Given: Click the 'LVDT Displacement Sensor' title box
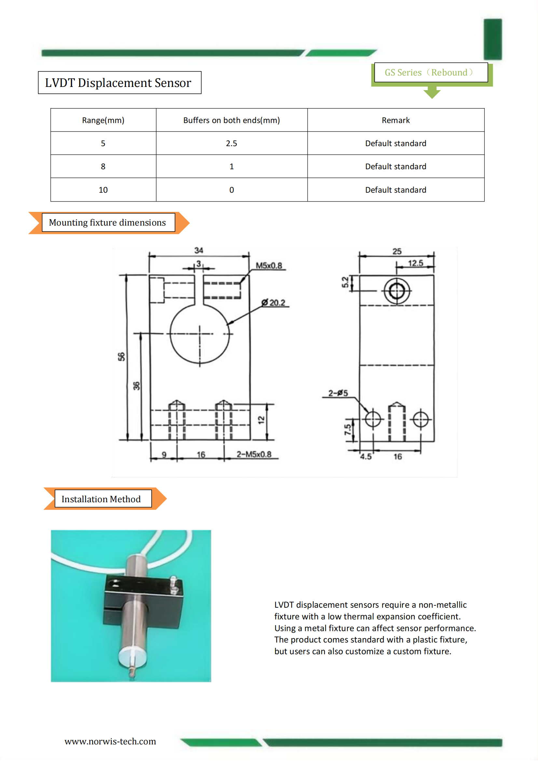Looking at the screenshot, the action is tap(120, 83).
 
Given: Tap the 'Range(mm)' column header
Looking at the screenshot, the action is tap(103, 120).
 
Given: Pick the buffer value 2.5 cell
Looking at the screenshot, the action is tap(232, 143).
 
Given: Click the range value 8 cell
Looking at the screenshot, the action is tap(103, 166).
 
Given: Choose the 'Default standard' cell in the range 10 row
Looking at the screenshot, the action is tap(396, 190).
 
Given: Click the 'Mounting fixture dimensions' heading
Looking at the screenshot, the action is tap(107, 222).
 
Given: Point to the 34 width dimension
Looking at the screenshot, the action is tap(199, 250).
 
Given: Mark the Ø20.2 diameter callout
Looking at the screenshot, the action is tap(273, 303).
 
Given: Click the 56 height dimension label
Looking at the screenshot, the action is tap(121, 357).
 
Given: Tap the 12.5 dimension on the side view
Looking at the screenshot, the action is tap(415, 263).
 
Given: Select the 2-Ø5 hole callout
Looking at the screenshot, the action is tap(338, 393).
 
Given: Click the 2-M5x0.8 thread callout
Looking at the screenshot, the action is tap(254, 454).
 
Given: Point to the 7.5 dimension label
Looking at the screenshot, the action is tap(347, 430).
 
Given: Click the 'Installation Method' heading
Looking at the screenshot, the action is tap(101, 499).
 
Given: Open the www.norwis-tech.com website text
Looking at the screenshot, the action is tap(110, 741).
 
